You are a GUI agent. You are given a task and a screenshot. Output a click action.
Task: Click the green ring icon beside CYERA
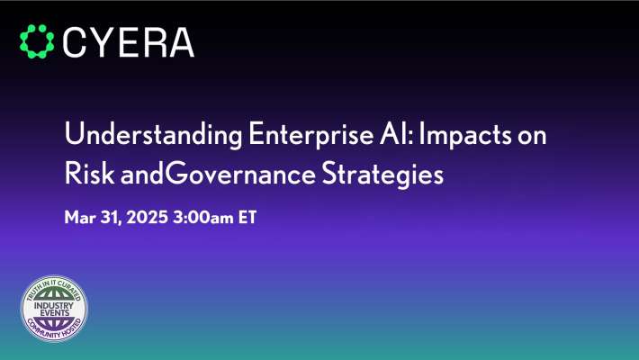[38, 41]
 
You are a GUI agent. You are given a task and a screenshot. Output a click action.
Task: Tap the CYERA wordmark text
[130, 41]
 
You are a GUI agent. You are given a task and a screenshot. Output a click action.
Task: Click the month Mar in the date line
[79, 219]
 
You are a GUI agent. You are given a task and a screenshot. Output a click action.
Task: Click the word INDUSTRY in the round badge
[55, 307]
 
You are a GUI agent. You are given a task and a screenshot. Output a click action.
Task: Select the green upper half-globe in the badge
[55, 295]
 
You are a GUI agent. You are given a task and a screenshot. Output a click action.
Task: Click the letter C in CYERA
[78, 41]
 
